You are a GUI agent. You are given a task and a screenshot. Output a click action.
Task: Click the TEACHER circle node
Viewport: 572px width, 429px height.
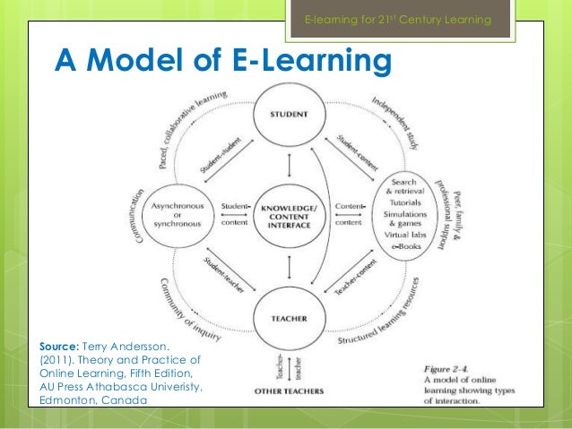click(288, 318)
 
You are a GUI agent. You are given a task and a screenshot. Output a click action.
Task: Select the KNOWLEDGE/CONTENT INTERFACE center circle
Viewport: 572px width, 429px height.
click(288, 218)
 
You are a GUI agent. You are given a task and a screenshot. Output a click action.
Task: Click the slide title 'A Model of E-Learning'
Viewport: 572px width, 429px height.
click(224, 61)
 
